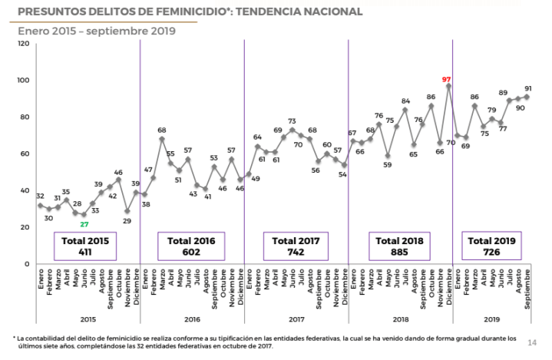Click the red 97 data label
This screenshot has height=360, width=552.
click(446, 79)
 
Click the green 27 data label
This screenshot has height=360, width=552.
click(84, 224)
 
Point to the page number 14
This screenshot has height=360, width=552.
click(533, 342)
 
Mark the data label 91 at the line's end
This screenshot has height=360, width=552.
click(527, 88)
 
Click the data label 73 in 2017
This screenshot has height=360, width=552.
click(293, 121)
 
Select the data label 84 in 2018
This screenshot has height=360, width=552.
click(405, 101)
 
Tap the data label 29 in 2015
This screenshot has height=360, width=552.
click(125, 221)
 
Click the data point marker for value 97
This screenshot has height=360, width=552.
click(448, 86)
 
